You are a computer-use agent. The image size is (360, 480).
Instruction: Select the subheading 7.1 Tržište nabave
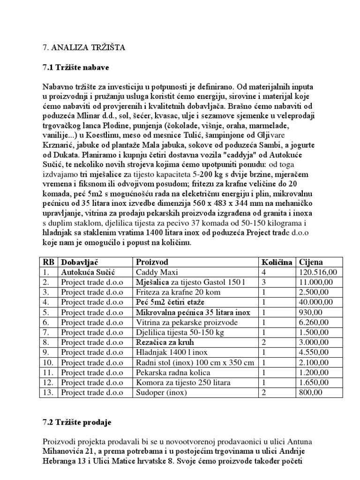point(76,67)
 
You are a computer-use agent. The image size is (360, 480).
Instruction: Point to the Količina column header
point(277,262)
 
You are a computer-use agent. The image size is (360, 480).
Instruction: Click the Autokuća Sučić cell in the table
point(88,272)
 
